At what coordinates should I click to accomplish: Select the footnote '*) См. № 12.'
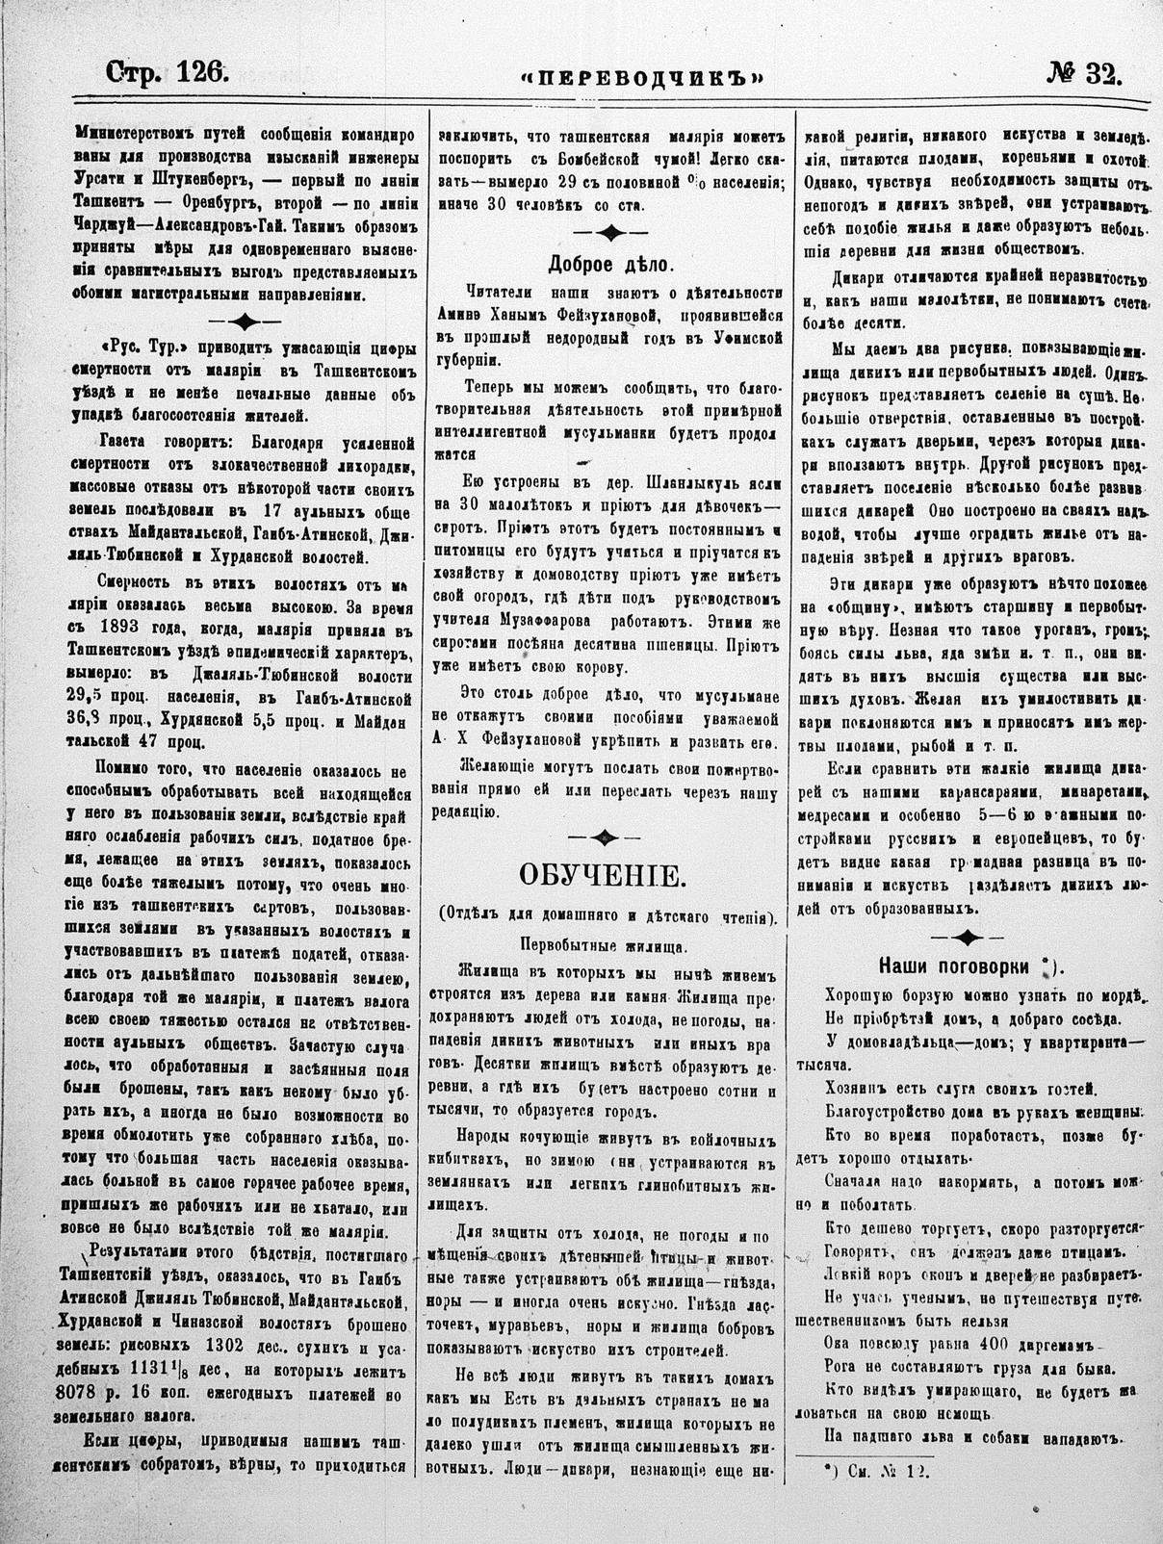pos(866,1470)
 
